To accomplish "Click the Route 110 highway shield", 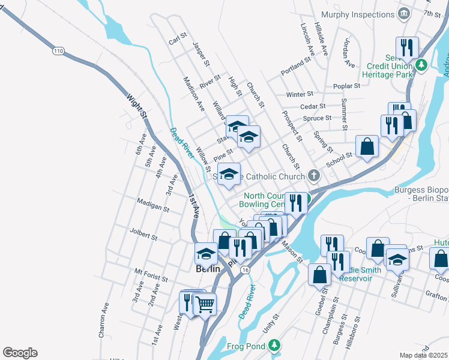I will pos(58,51).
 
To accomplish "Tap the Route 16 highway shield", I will pos(245,271).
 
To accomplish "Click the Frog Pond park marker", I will pos(274,345).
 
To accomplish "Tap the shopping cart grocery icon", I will pos(205,305).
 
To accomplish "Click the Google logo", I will pos(20,353).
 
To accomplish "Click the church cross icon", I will pos(313,176).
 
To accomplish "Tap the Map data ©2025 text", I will pos(423,355).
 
